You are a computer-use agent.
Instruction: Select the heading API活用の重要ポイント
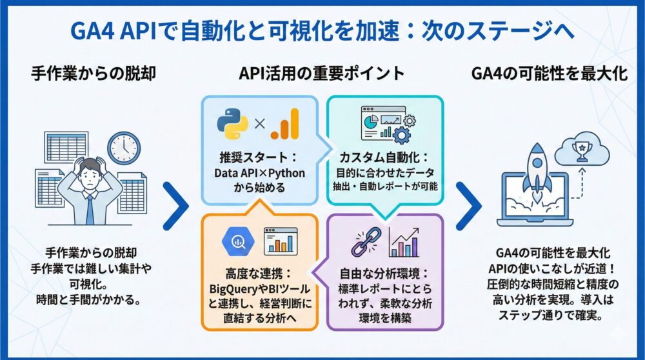[x=322, y=74]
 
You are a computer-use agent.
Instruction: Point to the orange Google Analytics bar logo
[x=284, y=123]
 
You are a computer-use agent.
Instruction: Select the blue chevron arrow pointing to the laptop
[x=469, y=206]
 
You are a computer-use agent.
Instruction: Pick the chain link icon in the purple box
[x=366, y=241]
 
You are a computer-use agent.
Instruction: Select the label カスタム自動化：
[x=385, y=157]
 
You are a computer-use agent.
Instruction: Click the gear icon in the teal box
[x=402, y=134]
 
